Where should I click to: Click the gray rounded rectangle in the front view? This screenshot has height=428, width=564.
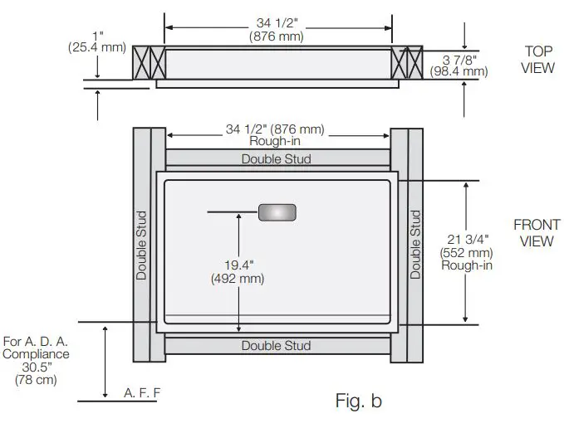point(278,212)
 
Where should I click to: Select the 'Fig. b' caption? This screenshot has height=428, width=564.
point(358,402)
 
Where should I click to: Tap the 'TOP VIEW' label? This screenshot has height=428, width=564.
point(537,59)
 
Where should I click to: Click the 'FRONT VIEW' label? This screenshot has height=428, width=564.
point(537,232)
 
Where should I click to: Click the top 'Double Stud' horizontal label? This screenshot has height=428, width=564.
point(277,158)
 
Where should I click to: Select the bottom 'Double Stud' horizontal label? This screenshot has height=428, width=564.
point(277,345)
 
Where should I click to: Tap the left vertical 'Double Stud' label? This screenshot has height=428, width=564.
point(141,245)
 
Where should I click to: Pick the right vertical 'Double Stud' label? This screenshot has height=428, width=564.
point(415,245)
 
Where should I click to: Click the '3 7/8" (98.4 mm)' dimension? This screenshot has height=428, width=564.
point(459,66)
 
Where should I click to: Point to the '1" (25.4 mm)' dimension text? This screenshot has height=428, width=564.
point(97,41)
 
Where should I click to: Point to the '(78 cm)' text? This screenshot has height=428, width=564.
point(36,380)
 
